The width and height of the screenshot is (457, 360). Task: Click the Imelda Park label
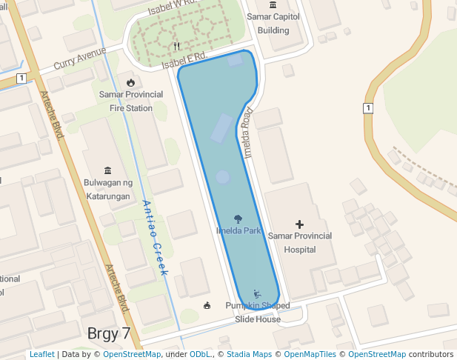click(x=238, y=230)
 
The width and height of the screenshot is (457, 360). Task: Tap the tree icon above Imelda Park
click(x=238, y=219)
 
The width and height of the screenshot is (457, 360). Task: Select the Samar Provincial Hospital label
click(x=299, y=242)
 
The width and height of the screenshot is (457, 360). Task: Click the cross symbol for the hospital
click(x=299, y=224)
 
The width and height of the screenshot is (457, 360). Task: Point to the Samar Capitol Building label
click(x=273, y=24)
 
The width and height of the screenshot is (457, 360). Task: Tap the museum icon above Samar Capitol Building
click(x=273, y=5)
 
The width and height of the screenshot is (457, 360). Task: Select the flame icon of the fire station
click(x=130, y=82)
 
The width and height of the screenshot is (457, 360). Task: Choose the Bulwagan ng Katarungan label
click(x=108, y=188)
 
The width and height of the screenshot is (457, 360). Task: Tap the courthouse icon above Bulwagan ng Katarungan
click(x=108, y=170)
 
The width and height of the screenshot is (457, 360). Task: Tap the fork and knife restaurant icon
click(x=176, y=46)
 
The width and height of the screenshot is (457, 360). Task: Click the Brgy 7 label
click(x=109, y=333)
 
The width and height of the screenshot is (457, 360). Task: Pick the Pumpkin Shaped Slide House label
click(x=258, y=312)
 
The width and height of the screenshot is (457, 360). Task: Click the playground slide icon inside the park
click(x=256, y=293)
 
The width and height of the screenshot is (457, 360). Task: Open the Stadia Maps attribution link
click(x=249, y=354)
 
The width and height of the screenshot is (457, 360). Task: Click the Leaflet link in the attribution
click(x=41, y=354)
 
